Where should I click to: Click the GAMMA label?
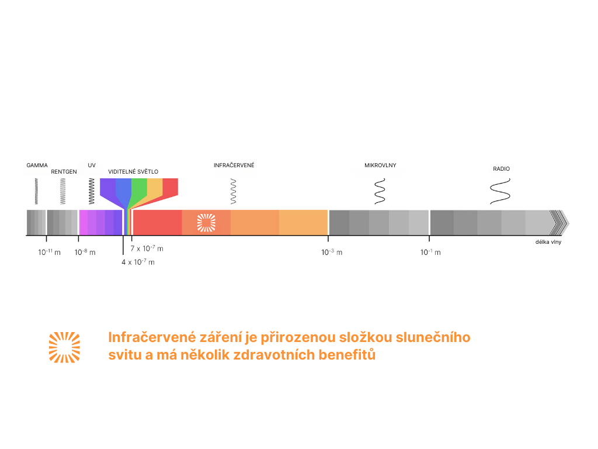(x=37, y=165)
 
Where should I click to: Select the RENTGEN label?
(x=64, y=172)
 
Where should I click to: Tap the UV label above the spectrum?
(x=92, y=165)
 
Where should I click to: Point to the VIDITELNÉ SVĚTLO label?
(x=133, y=172)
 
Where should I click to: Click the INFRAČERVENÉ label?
(x=234, y=165)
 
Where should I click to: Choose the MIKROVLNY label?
(x=380, y=165)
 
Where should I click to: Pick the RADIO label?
(x=501, y=169)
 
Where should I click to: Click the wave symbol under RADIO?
(x=500, y=191)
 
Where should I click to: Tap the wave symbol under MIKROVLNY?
(x=380, y=191)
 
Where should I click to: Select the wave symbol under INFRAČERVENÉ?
(x=234, y=191)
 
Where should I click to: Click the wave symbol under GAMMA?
(x=36, y=191)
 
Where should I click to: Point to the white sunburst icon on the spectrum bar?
(x=206, y=223)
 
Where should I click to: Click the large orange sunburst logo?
(x=64, y=347)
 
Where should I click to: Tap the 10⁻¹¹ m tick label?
(x=49, y=252)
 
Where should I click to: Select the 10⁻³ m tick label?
(x=332, y=252)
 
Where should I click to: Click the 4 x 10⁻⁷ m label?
(x=138, y=262)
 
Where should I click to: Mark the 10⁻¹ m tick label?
(x=430, y=252)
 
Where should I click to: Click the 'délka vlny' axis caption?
(x=548, y=242)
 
